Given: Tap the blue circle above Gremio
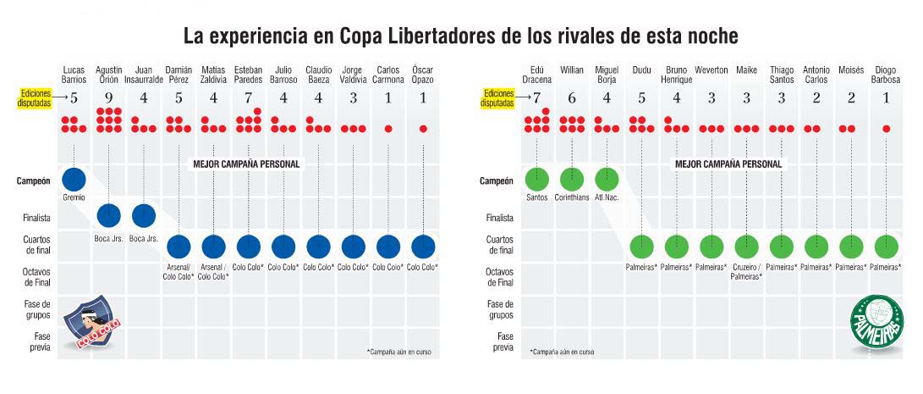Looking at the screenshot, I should point(74,180).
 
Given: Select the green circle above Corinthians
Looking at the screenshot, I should point(572,180).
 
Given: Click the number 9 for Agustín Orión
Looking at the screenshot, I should point(108,97).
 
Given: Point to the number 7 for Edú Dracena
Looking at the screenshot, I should point(536,97).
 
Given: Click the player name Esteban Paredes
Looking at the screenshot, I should point(248,75).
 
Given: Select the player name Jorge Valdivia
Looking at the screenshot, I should point(353,75).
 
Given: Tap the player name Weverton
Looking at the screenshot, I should point(711,69).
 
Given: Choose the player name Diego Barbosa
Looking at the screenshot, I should point(886,75).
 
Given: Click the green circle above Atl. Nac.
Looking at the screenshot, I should point(607,180).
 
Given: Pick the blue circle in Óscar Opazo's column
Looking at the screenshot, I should point(422,247).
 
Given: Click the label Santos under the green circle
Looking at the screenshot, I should point(537,199).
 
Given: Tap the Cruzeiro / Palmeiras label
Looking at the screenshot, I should point(746,271).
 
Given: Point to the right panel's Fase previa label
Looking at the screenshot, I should point(503,341).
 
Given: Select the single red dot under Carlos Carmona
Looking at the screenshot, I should point(387,129).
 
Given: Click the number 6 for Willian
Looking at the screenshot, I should point(572,97).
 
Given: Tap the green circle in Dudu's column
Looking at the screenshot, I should point(641,247).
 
